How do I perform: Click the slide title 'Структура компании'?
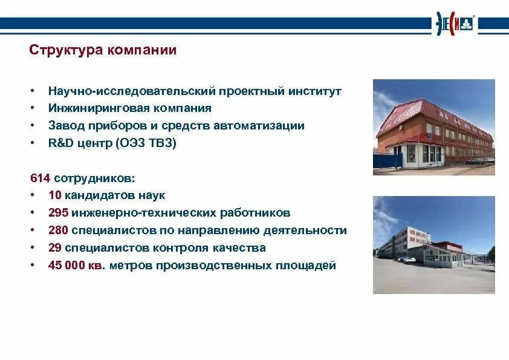pyautogui.click(x=103, y=50)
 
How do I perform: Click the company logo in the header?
pyautogui.click(x=454, y=24)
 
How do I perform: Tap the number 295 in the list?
pyautogui.click(x=58, y=213)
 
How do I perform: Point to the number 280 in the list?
pyautogui.click(x=58, y=231)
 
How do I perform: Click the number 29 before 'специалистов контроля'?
pyautogui.click(x=54, y=248)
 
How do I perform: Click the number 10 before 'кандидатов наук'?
pyautogui.click(x=54, y=195)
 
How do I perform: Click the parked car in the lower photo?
pyautogui.click(x=409, y=260)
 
